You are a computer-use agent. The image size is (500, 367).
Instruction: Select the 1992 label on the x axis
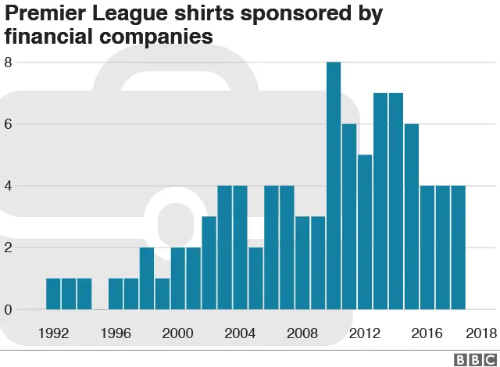[x=53, y=333]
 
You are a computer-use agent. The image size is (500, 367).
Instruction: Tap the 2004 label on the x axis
[x=240, y=333]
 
